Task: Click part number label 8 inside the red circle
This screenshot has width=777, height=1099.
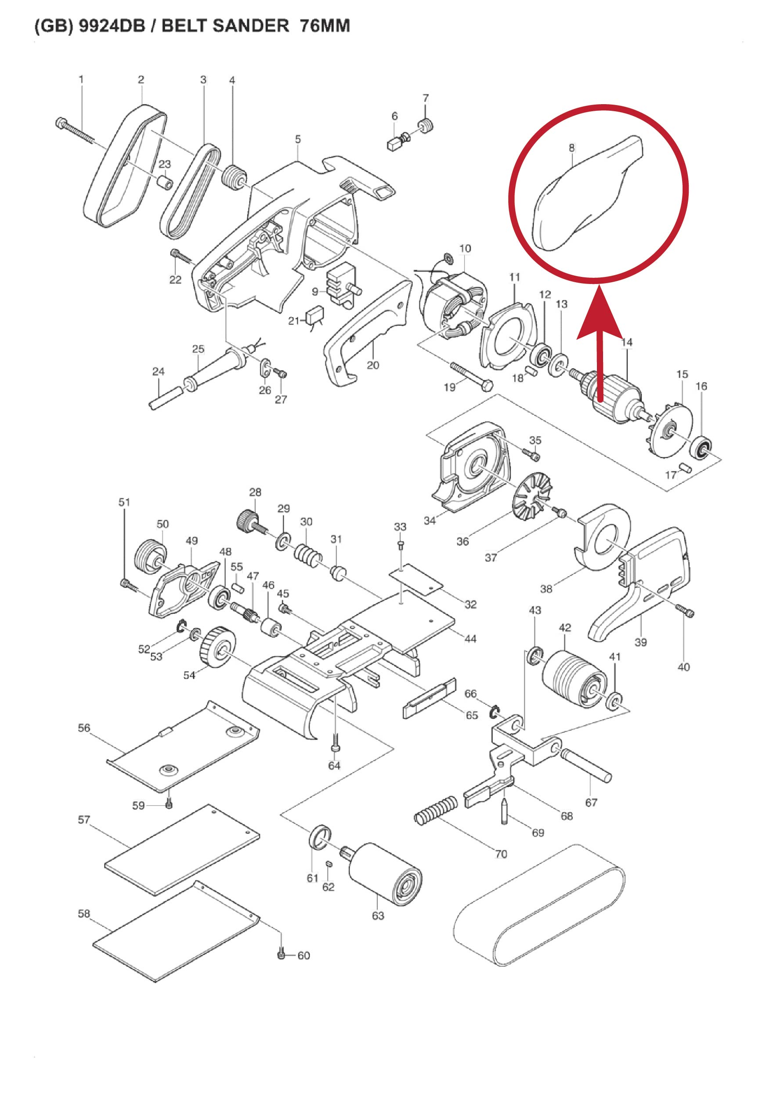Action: pos(571,148)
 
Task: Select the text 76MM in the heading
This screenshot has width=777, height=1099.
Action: pos(325,26)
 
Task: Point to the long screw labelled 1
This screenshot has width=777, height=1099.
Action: pos(76,129)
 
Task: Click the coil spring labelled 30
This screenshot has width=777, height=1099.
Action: pos(309,553)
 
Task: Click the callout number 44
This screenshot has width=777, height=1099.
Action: pos(470,638)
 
